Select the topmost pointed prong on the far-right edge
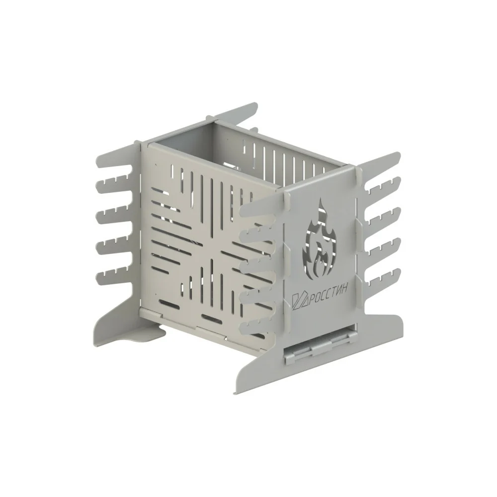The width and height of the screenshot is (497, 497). pos(380,162)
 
